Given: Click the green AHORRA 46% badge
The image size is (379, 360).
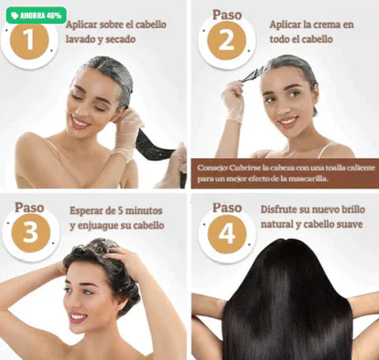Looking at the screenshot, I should (36, 15).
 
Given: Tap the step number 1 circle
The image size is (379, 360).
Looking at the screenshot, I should (30, 39).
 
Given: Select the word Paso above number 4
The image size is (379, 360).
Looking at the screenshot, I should (227, 207).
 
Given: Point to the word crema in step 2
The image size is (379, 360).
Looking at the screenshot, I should (331, 24).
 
